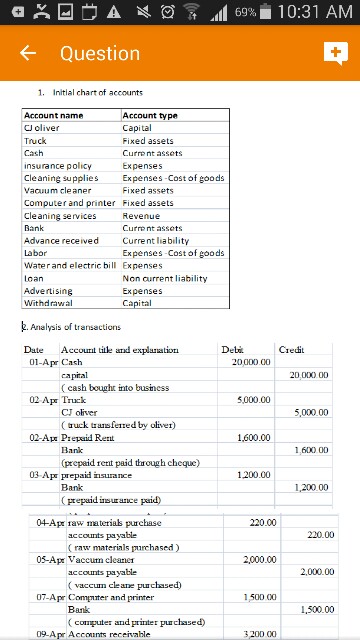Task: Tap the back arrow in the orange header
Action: click(29, 53)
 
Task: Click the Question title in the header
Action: click(100, 53)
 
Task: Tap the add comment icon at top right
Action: click(334, 53)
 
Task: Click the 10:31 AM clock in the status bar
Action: click(314, 11)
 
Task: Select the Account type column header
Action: click(150, 116)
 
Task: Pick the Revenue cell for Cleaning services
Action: click(141, 216)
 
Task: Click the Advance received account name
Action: click(61, 240)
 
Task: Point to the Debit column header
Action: click(232, 350)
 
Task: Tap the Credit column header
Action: click(292, 350)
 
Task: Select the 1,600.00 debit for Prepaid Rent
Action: click(254, 438)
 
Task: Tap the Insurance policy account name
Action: click(58, 166)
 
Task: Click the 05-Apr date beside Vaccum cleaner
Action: click(49, 560)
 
